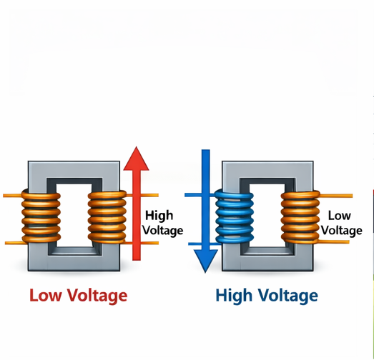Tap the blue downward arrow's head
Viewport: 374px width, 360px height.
(x=206, y=258)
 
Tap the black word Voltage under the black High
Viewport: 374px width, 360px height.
(x=163, y=230)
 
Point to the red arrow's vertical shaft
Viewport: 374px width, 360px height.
(x=135, y=214)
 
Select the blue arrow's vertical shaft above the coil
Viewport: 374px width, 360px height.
(x=206, y=171)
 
